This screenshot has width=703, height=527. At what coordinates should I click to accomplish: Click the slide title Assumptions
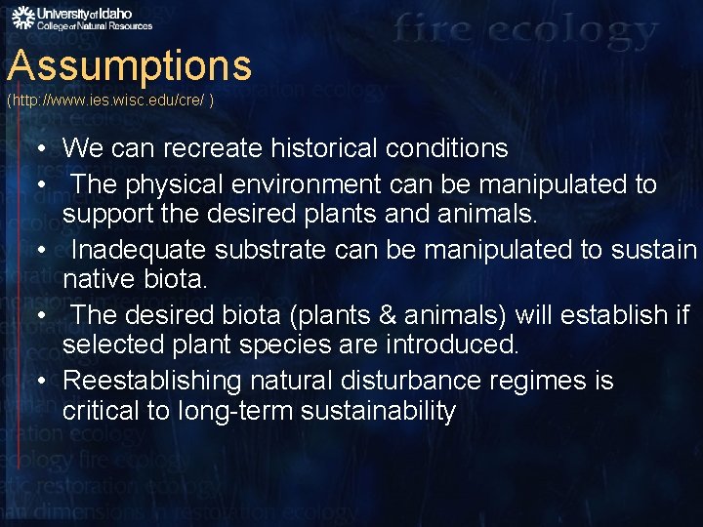pos(129,66)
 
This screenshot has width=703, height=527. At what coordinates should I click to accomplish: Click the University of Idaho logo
pos(81,18)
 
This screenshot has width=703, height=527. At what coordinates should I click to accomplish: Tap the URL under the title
pos(110,101)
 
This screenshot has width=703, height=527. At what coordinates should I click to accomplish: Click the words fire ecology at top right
pos(525,31)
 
